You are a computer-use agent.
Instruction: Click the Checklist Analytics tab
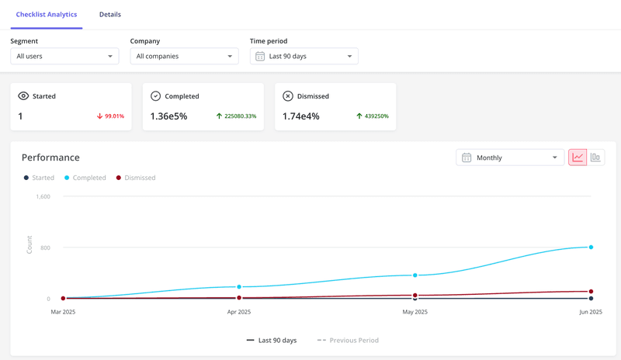(47, 15)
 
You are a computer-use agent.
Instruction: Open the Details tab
(110, 15)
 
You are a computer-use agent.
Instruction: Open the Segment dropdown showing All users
(64, 56)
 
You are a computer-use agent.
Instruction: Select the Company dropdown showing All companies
(184, 56)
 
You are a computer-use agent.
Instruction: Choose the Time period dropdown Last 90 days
(304, 56)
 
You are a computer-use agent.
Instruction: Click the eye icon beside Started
(23, 96)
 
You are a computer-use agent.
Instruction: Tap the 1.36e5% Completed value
(168, 116)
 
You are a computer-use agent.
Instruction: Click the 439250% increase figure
(373, 116)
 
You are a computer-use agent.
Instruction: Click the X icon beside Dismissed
(288, 96)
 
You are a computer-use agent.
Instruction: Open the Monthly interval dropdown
(510, 157)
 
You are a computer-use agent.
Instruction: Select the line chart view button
(578, 157)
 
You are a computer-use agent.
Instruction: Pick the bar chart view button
(595, 157)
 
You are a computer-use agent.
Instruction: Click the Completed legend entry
(85, 178)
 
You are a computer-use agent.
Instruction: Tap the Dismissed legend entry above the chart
(136, 178)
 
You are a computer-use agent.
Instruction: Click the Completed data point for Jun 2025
(591, 247)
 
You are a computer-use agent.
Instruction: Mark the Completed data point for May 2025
(415, 275)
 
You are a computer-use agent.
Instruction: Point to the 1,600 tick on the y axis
(43, 196)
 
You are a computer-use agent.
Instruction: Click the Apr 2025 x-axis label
(239, 312)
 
